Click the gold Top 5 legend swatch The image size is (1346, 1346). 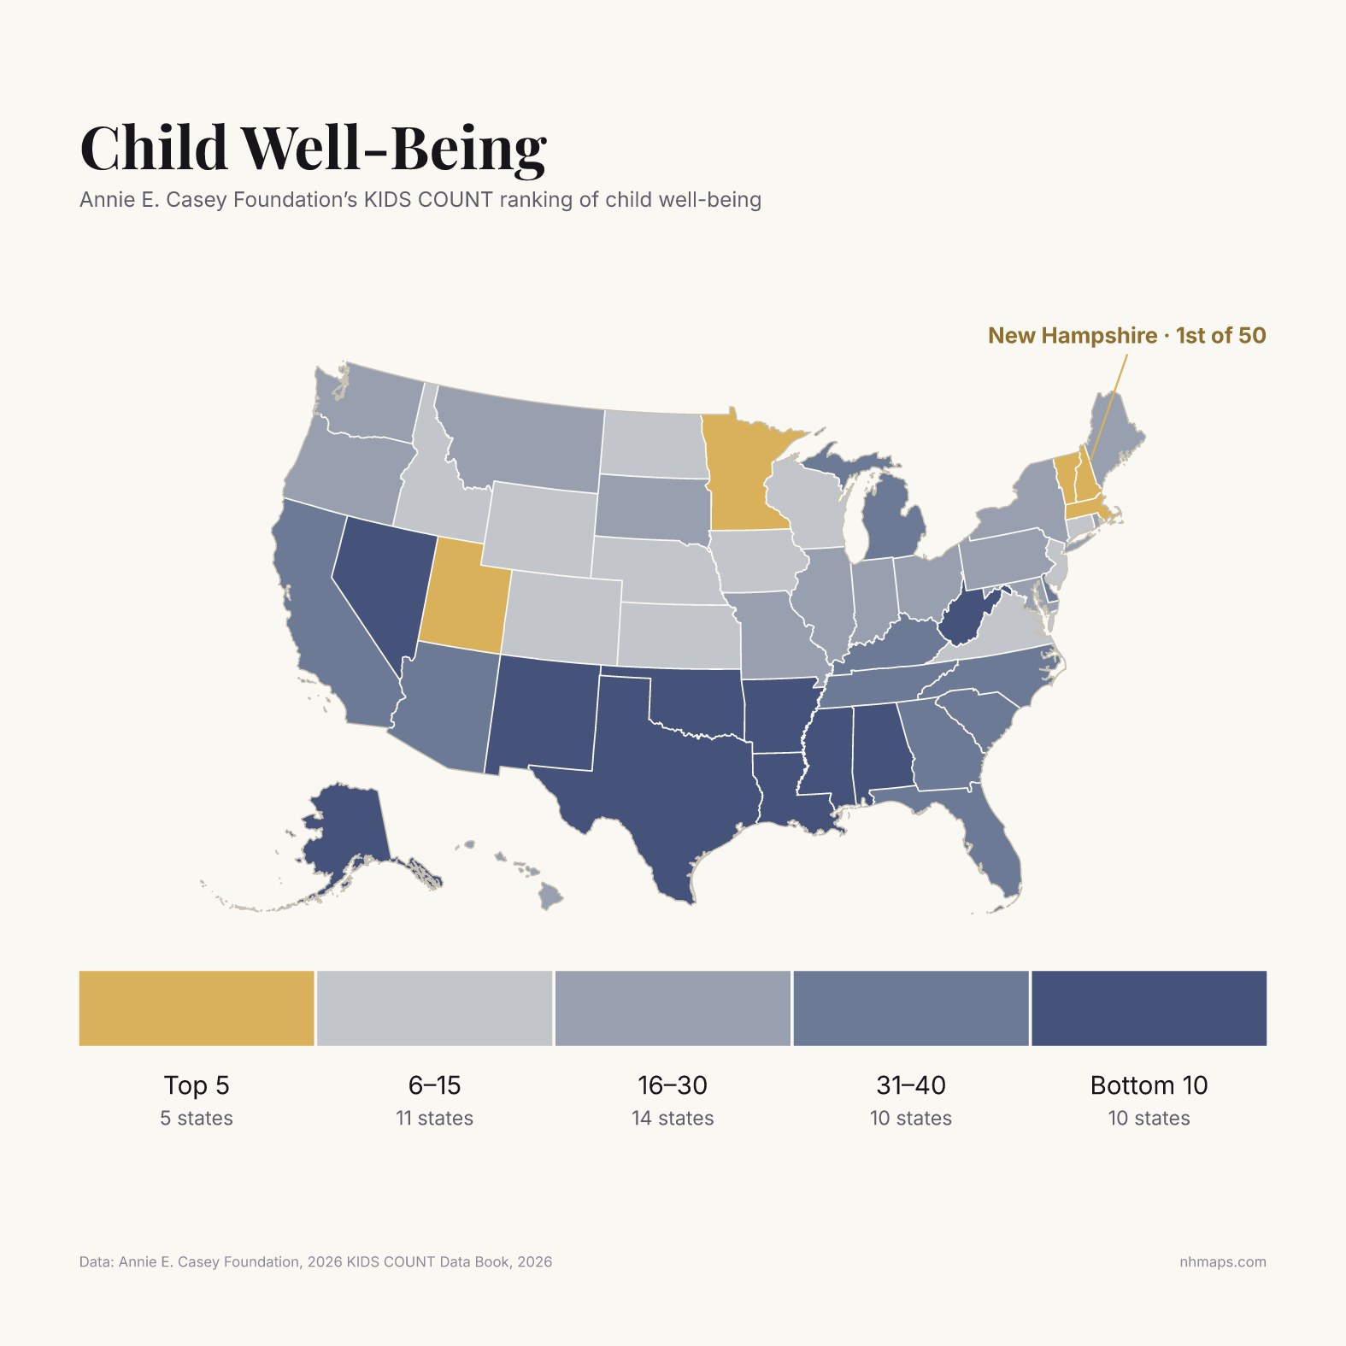click(197, 1008)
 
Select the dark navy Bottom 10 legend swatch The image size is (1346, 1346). click(1149, 1008)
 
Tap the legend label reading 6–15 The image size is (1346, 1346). click(434, 1085)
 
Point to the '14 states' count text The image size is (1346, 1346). click(673, 1118)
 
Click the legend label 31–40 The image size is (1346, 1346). click(911, 1085)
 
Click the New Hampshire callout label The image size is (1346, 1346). click(1127, 335)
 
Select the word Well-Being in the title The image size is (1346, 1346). click(393, 148)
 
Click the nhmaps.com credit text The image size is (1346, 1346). click(1223, 1262)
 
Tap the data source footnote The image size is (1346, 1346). click(315, 1262)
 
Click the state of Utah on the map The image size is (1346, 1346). click(461, 602)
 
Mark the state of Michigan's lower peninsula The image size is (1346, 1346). click(893, 521)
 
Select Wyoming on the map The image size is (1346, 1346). click(541, 529)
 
